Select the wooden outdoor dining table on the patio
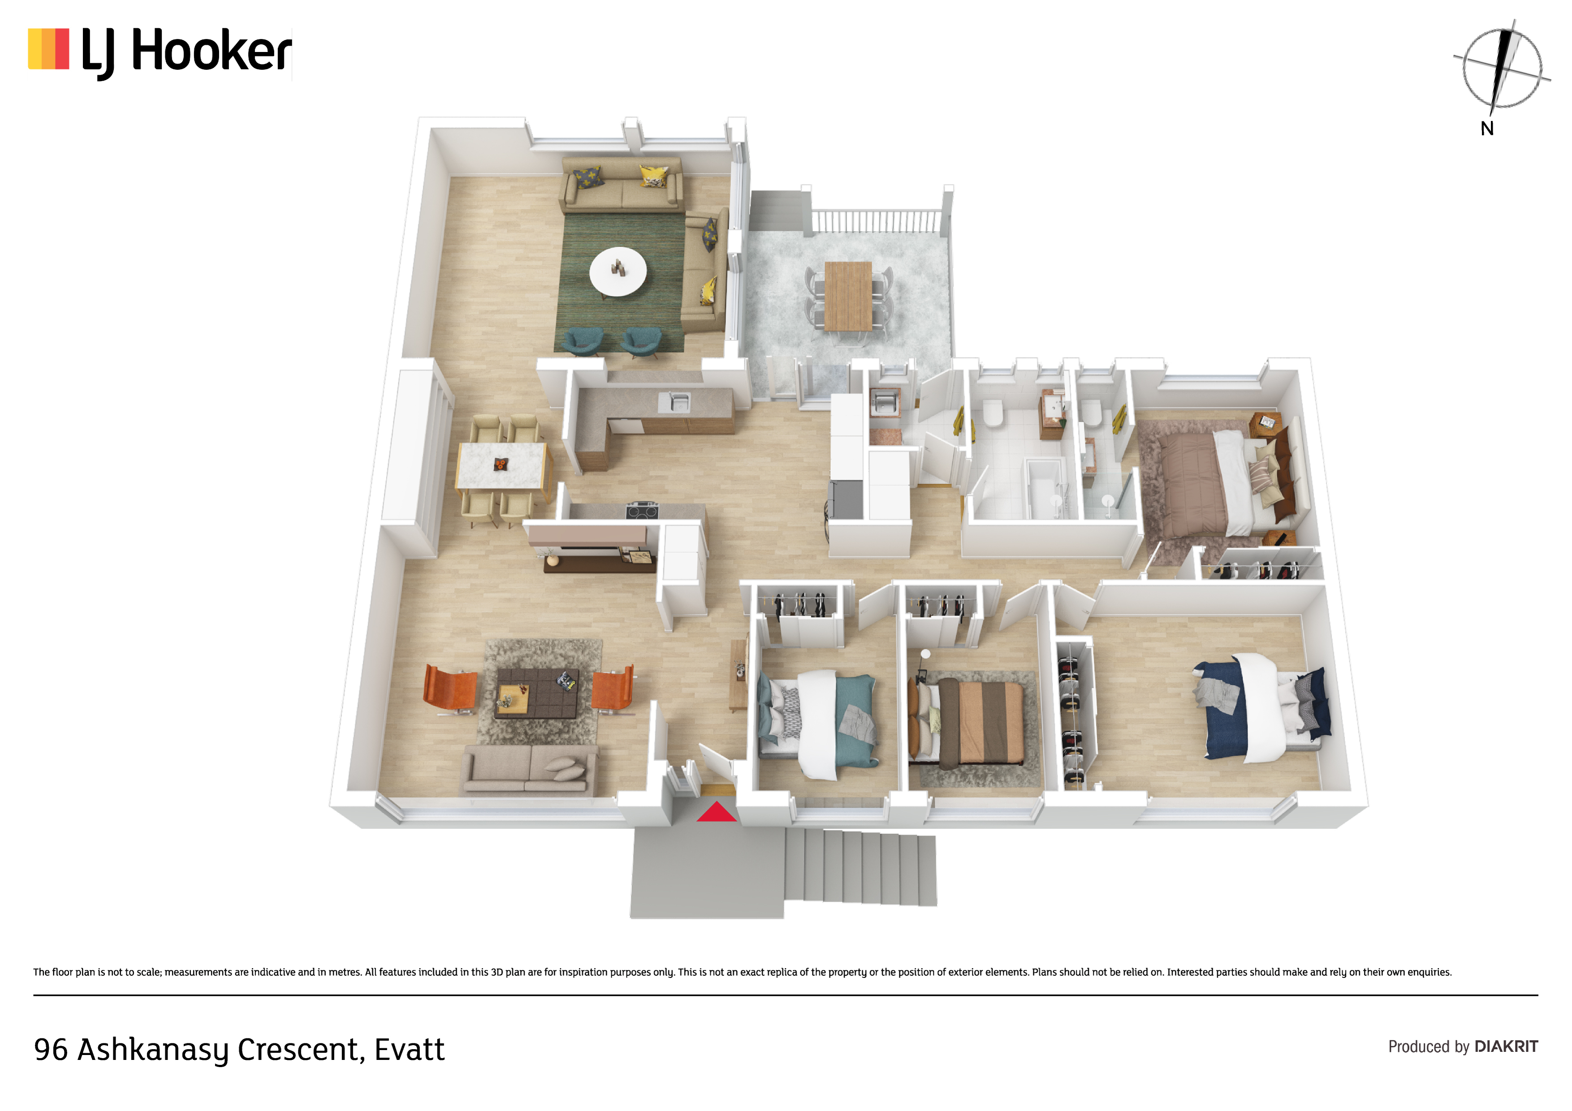(x=848, y=296)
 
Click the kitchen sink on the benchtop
(x=674, y=402)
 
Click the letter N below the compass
(x=1487, y=129)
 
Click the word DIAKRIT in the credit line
(x=1506, y=1046)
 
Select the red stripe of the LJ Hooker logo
(x=62, y=48)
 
